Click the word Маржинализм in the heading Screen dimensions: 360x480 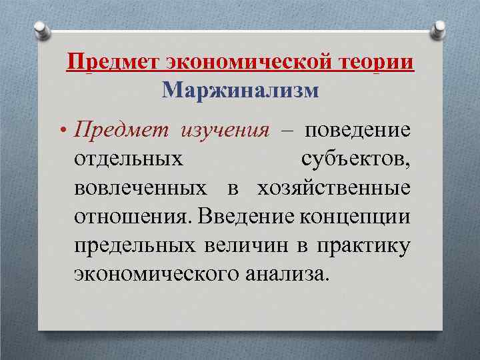click(x=241, y=89)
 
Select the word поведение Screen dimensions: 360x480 click(x=358, y=130)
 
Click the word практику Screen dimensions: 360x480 click(x=365, y=245)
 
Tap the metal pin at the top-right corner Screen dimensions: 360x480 click(x=441, y=27)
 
